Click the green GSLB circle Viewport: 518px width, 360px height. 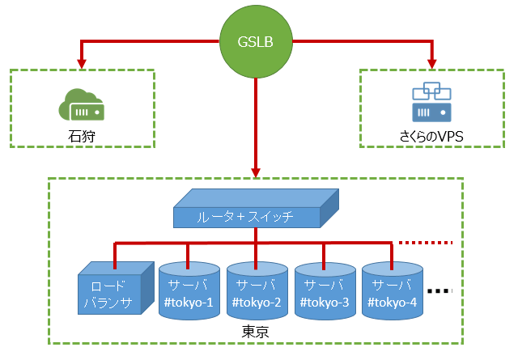click(x=256, y=41)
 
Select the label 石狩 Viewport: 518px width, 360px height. click(x=82, y=135)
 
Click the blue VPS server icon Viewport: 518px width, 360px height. click(x=431, y=100)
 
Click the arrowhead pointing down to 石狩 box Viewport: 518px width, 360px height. click(x=80, y=62)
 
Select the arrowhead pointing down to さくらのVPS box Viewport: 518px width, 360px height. click(x=431, y=62)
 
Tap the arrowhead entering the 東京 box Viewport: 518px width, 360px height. click(x=256, y=172)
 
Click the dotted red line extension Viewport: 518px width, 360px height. click(x=430, y=242)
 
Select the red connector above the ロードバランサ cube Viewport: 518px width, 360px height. click(x=114, y=255)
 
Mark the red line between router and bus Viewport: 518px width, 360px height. click(x=256, y=235)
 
